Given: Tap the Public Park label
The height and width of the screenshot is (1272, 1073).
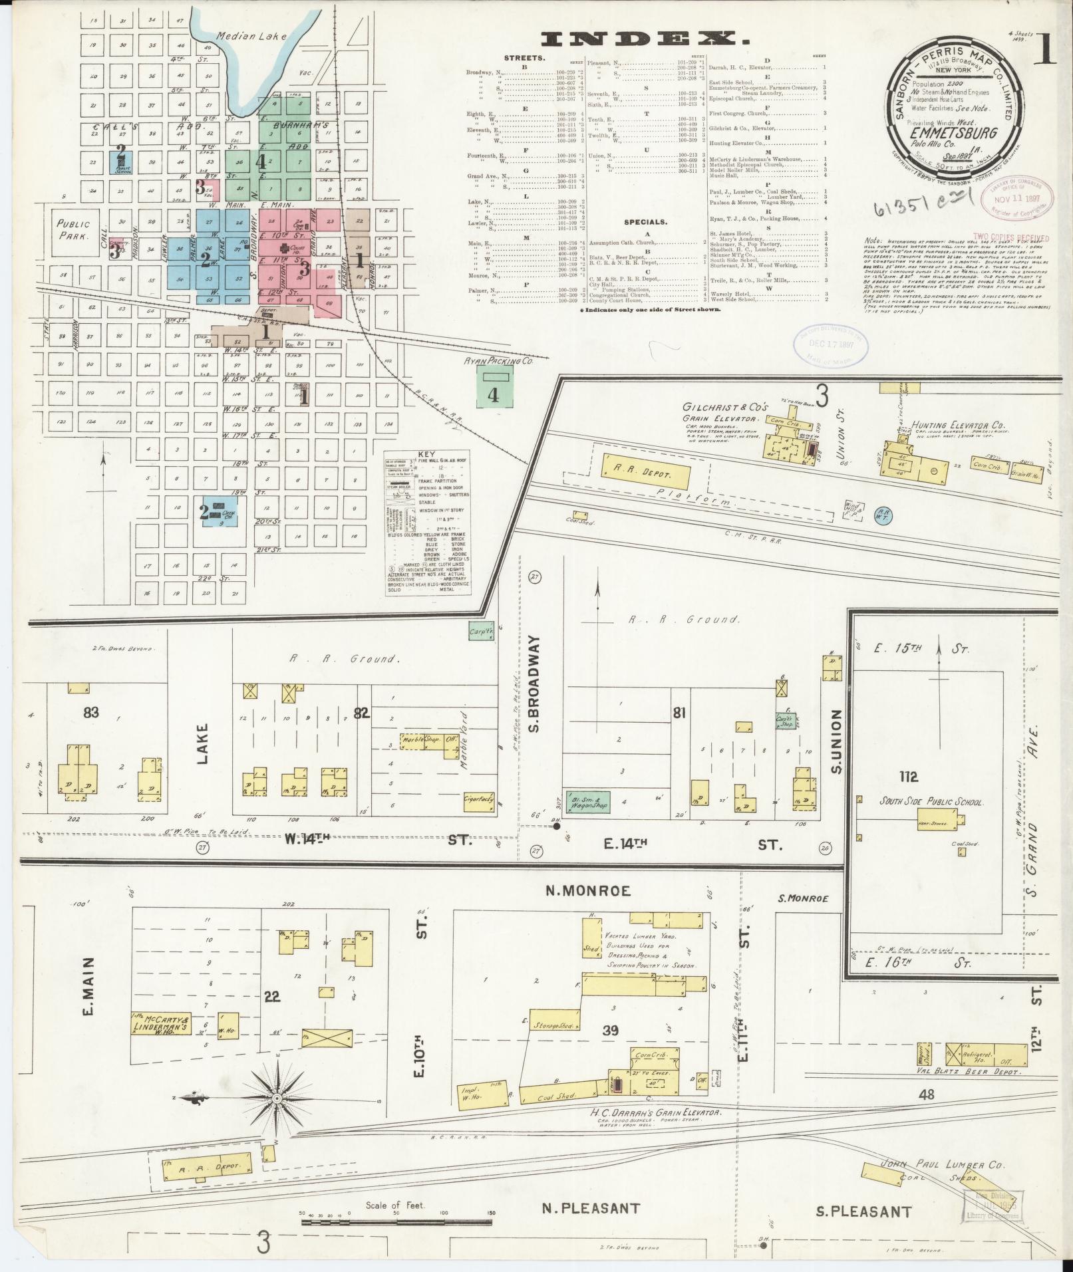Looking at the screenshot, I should (x=73, y=229).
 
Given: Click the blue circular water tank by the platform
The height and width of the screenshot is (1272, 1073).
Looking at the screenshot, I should (x=883, y=515).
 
